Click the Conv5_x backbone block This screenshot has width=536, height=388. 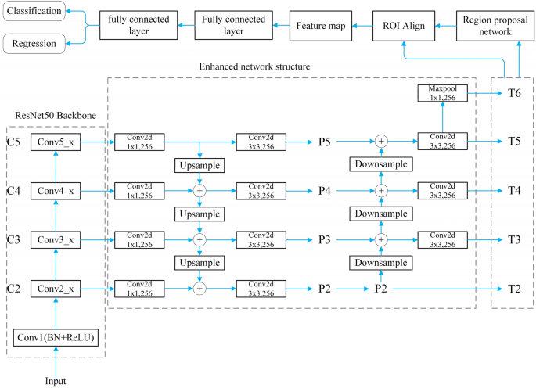[x=56, y=142]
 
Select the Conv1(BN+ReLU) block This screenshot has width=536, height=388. [x=56, y=337]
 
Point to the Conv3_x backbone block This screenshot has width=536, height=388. [x=56, y=239]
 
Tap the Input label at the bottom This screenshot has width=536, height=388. [x=56, y=381]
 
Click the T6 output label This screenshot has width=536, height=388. [x=514, y=92]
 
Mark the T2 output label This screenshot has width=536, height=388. [x=514, y=289]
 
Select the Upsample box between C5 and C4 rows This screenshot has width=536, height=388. [x=200, y=166]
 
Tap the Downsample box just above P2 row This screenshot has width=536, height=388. [x=381, y=264]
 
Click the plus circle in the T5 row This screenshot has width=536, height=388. [x=381, y=141]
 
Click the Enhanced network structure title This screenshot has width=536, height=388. [x=254, y=67]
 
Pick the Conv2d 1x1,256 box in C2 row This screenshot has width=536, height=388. [x=138, y=289]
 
